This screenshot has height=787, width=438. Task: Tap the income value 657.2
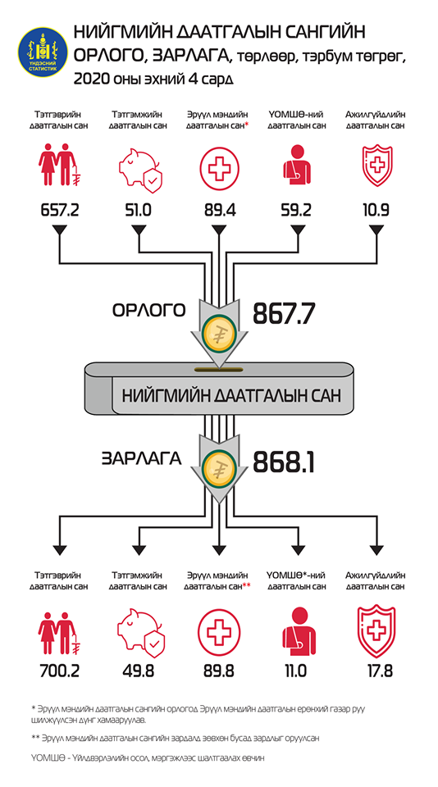pos(59,210)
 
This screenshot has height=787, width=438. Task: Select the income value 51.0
pos(138,210)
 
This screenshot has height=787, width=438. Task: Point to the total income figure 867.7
pos(284,315)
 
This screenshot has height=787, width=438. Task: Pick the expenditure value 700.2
pos(59,671)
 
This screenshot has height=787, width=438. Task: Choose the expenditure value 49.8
pos(138,671)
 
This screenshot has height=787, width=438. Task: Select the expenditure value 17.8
pos(376,671)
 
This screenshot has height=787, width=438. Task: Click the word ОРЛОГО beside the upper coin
pos(148,310)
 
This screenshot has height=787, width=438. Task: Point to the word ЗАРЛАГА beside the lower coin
pos(141,459)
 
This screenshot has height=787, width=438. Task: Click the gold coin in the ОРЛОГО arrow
pos(219,333)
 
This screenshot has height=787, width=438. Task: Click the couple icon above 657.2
pos(59,165)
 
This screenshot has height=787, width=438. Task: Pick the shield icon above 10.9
pos(376,166)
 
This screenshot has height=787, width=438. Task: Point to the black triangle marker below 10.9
pos(376,230)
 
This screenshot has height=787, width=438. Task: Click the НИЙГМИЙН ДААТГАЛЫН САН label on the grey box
pos(231,394)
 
